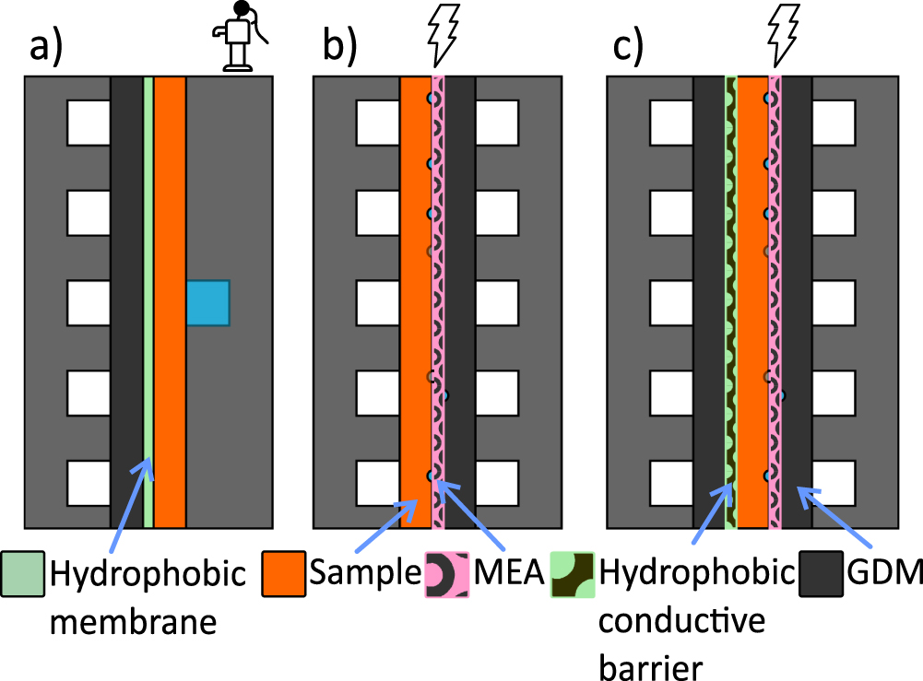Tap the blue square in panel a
[207, 302]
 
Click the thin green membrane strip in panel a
[148, 276]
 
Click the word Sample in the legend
[363, 577]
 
